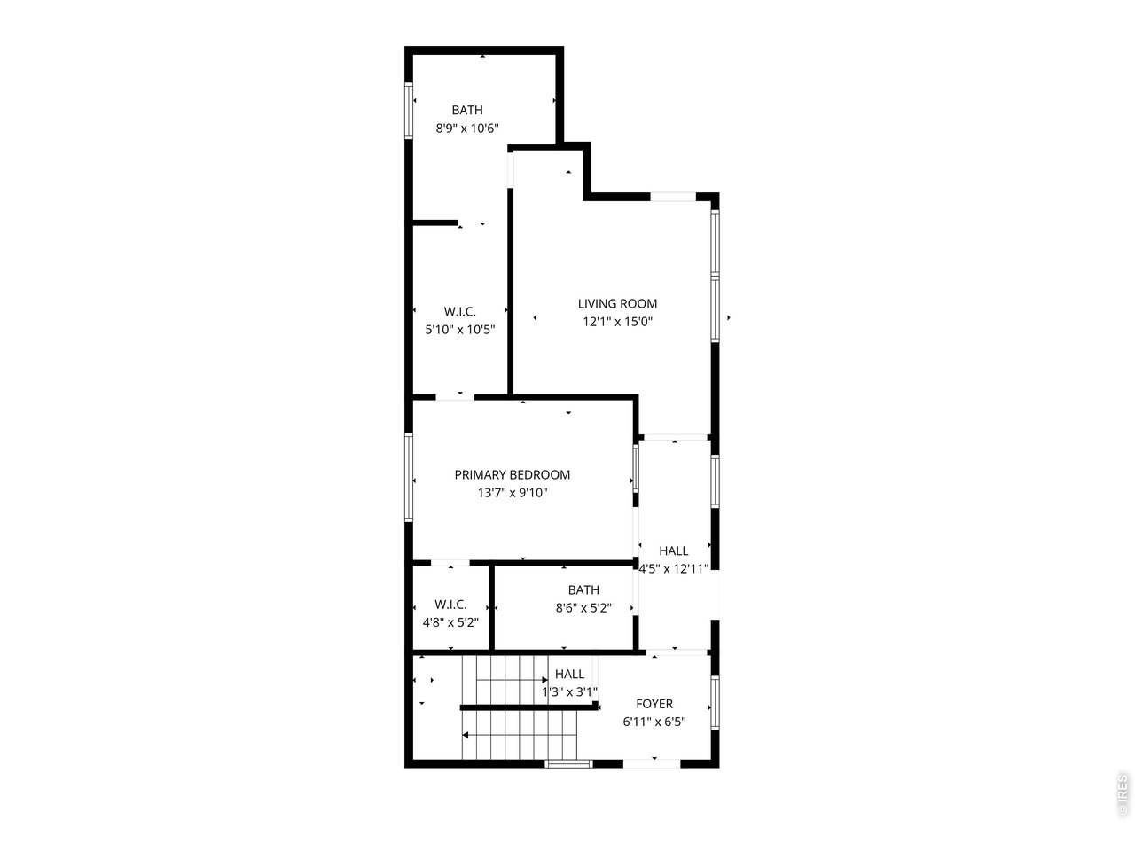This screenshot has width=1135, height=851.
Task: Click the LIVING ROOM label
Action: point(617,304)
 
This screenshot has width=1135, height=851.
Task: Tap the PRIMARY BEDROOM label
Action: point(512,475)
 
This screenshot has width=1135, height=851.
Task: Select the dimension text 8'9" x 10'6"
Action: point(467,129)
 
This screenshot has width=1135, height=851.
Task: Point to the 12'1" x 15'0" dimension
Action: point(617,323)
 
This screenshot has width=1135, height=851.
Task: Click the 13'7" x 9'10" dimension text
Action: point(512,494)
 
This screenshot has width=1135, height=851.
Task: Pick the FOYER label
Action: point(654,704)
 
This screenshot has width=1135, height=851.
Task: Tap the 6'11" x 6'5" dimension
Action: point(654,722)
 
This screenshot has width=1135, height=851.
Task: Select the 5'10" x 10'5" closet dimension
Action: point(459,330)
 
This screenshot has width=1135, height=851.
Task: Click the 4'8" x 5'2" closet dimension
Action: point(450,622)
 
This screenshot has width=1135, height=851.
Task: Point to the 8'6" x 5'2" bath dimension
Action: point(583,608)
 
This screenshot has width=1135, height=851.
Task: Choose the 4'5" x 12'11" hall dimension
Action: point(674,569)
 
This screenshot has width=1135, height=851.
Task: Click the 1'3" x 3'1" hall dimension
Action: point(570,692)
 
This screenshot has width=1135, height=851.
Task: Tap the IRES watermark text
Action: point(1123,795)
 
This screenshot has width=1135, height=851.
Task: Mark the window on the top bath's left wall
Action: point(410,110)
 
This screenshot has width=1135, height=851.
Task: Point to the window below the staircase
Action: point(568,762)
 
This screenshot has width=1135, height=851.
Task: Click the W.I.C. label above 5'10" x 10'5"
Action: point(459,311)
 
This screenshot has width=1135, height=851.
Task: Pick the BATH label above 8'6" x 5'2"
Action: point(583,590)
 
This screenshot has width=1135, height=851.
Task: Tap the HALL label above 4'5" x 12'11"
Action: point(674,551)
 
